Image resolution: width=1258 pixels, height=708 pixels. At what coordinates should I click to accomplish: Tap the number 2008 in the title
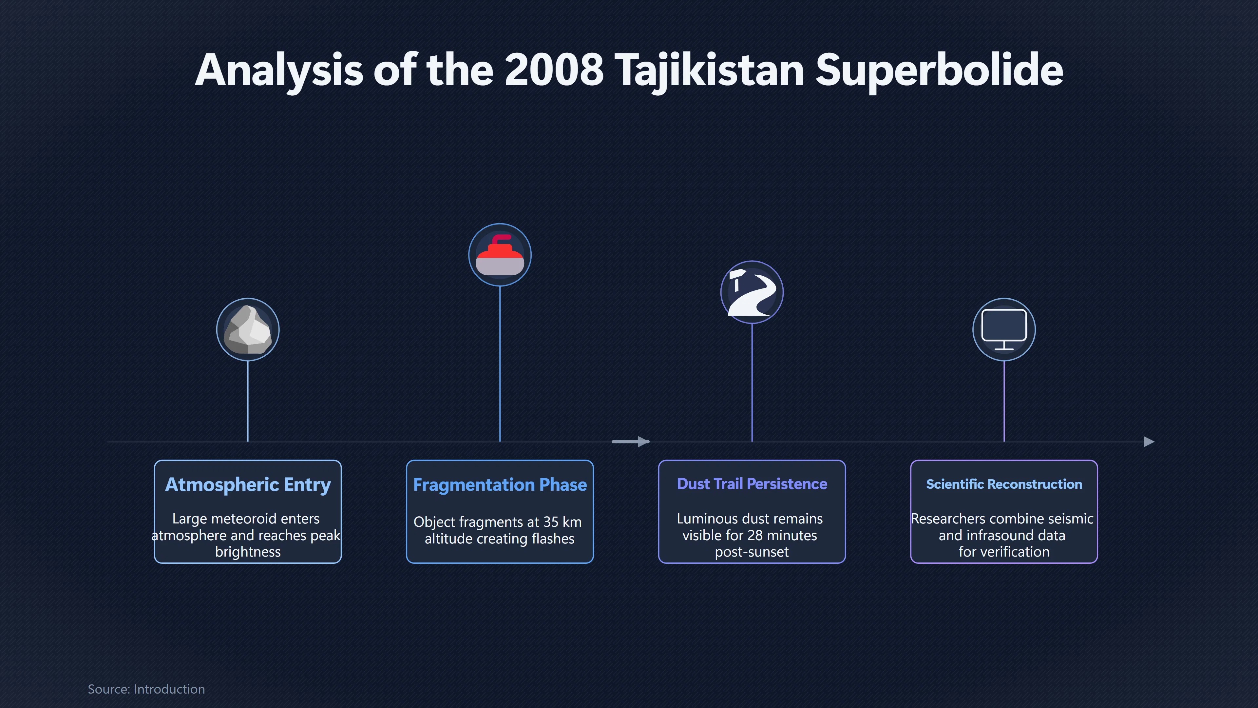[x=554, y=70]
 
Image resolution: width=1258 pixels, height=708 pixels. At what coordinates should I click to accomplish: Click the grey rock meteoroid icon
[x=248, y=329]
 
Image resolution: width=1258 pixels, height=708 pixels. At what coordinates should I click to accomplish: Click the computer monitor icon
[x=1003, y=329]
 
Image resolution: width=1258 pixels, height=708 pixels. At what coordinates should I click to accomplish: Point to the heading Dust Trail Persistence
[x=752, y=484]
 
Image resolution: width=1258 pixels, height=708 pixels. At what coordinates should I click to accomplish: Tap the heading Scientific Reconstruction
[x=1003, y=484]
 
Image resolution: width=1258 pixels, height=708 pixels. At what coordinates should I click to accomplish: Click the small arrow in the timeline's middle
[x=630, y=442]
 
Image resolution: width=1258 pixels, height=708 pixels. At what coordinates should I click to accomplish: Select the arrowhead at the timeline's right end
[x=1149, y=442]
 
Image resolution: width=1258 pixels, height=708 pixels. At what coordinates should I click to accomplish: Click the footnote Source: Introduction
[x=146, y=689]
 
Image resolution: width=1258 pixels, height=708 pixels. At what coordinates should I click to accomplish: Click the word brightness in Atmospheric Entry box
[x=248, y=552]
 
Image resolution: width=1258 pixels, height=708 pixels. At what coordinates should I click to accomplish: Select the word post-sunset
[x=752, y=552]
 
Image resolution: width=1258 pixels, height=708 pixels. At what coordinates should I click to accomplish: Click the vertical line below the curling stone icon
[x=500, y=364]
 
